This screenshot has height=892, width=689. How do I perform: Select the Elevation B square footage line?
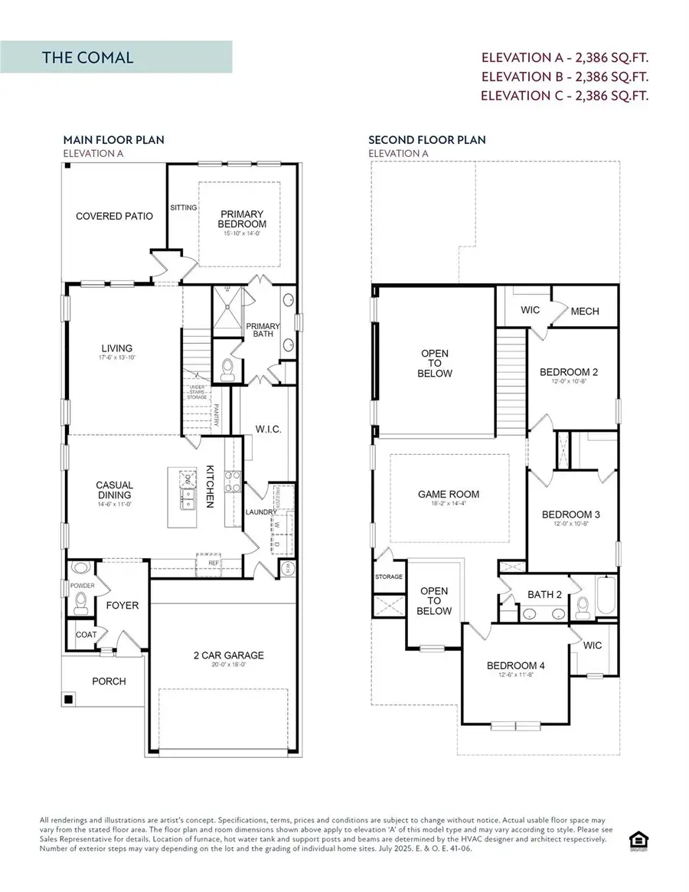pyautogui.click(x=564, y=77)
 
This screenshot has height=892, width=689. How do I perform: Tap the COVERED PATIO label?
pyautogui.click(x=114, y=216)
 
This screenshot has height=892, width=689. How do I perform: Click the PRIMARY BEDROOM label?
pyautogui.click(x=243, y=219)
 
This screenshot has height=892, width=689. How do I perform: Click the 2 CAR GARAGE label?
pyautogui.click(x=228, y=655)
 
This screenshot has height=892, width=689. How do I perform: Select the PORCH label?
pyautogui.click(x=108, y=681)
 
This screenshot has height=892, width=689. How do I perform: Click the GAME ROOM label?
pyautogui.click(x=448, y=494)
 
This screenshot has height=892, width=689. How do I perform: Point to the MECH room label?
pyautogui.click(x=585, y=311)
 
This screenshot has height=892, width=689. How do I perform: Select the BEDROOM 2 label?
pyautogui.click(x=569, y=373)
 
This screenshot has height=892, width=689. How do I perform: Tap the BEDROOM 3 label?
pyautogui.click(x=570, y=515)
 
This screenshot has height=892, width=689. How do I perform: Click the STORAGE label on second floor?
pyautogui.click(x=388, y=577)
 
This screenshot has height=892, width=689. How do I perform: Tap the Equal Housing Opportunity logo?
pyautogui.click(x=635, y=841)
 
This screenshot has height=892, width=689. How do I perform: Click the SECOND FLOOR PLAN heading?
pyautogui.click(x=426, y=140)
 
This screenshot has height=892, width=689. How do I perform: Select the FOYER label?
pyautogui.click(x=122, y=605)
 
